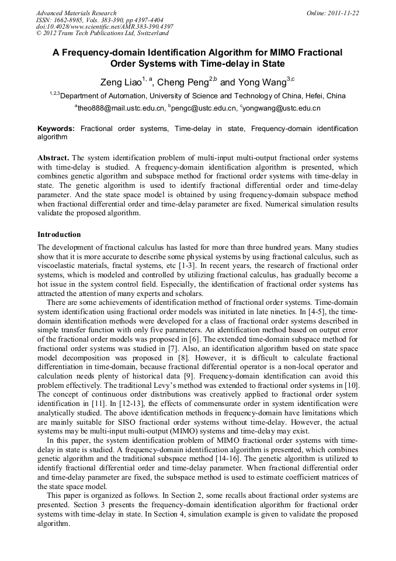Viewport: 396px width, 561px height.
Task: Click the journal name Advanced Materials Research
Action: (x=76, y=13)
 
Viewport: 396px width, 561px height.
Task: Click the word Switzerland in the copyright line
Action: (x=150, y=33)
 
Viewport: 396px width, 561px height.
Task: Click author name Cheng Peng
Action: (x=180, y=82)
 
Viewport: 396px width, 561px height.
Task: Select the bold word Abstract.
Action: (x=54, y=158)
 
